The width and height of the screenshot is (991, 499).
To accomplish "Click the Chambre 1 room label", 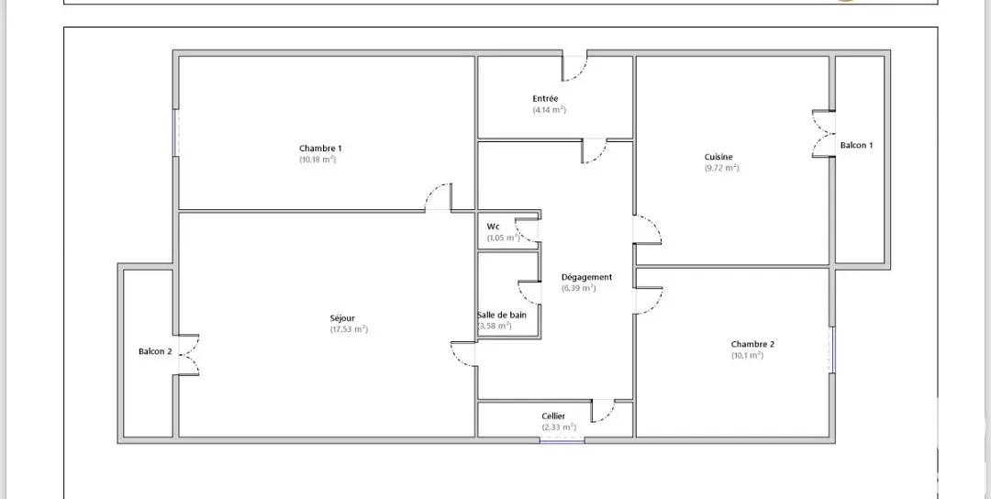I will click(320, 149).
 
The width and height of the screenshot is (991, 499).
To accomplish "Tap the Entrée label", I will click(545, 98).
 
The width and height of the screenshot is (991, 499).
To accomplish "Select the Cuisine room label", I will click(718, 157).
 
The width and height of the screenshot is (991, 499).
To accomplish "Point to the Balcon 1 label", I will click(857, 145).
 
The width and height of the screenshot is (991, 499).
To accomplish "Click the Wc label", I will click(494, 227).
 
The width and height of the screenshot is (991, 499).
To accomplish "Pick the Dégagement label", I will click(586, 277).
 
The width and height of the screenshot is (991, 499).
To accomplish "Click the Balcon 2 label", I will click(155, 351).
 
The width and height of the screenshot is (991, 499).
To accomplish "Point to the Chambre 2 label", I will click(752, 344).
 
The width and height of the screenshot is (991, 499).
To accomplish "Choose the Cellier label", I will click(553, 416).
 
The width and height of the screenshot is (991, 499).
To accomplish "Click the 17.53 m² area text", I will click(349, 329).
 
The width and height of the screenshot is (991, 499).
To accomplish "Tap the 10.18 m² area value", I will click(317, 160).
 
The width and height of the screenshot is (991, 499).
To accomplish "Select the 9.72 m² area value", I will click(721, 168).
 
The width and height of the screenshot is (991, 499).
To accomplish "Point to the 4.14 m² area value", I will click(549, 110).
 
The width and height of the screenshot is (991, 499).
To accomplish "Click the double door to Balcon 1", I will click(822, 134).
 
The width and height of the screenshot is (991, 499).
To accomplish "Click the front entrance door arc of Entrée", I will click(574, 67).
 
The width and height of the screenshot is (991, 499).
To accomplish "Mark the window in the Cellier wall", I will click(562, 441).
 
